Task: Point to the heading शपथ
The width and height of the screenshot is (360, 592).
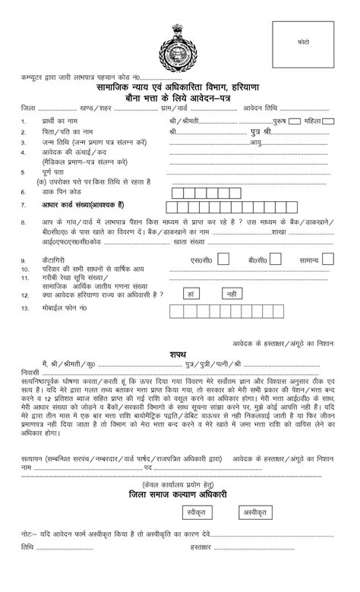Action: coord(178,353)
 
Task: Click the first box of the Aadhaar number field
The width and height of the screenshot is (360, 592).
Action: coord(170,206)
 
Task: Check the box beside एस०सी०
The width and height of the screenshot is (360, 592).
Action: coord(227,260)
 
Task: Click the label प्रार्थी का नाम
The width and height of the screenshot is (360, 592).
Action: coord(55,121)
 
